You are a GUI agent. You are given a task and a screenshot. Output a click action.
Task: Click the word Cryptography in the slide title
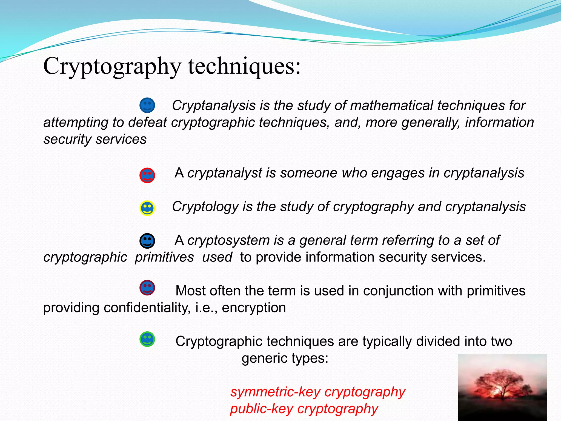112,66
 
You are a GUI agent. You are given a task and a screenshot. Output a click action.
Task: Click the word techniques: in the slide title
244,66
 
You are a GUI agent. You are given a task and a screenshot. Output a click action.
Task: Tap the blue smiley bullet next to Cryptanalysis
147,105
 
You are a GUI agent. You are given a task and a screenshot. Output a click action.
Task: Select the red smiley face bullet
147,175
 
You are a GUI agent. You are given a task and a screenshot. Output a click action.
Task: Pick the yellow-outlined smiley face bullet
147,208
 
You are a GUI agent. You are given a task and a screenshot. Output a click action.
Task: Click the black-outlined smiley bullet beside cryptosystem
147,241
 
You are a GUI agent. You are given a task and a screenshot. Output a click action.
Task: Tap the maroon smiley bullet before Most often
147,288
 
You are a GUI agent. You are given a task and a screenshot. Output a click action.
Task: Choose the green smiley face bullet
147,339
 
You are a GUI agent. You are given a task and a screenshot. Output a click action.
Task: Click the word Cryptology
205,207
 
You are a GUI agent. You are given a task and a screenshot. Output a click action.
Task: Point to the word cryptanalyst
225,173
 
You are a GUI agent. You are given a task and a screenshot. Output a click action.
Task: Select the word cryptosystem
228,241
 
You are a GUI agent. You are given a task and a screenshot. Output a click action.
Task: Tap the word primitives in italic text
164,257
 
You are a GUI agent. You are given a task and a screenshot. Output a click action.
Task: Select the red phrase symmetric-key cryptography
317,392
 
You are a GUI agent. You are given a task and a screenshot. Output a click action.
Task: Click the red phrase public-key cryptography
304,409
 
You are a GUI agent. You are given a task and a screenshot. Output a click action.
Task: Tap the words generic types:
285,358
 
